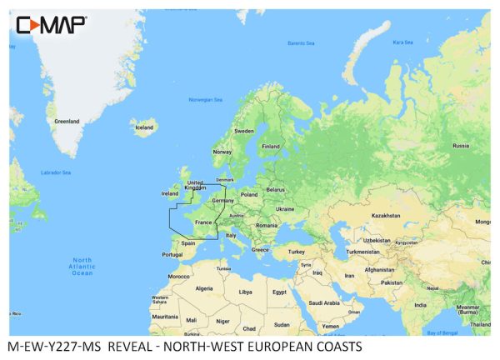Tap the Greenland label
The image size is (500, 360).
point(67,121)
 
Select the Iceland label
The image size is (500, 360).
point(144,127)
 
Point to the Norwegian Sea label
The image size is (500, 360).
point(206,100)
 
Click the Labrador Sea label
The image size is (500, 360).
point(56,172)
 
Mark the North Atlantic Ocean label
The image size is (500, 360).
point(82,267)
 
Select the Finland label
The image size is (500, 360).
point(271,146)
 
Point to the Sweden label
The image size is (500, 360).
point(244,131)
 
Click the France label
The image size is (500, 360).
point(203,222)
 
